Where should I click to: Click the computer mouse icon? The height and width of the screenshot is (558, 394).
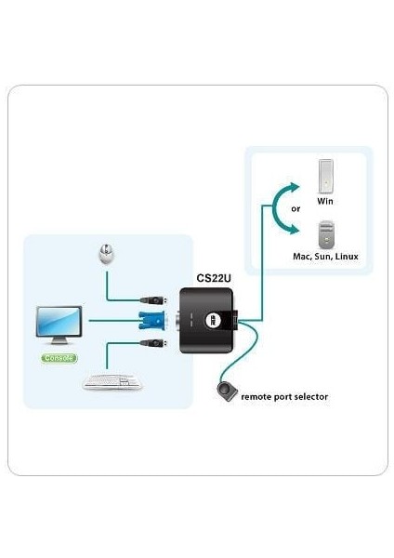click(x=108, y=253)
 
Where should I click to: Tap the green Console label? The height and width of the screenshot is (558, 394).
click(x=59, y=358)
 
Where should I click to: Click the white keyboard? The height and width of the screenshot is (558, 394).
click(x=112, y=381)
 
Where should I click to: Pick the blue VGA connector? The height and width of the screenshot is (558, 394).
click(x=151, y=322)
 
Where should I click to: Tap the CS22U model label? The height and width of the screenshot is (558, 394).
click(x=214, y=277)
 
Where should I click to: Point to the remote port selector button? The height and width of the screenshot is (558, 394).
click(x=225, y=391)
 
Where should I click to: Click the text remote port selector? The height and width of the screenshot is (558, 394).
click(x=284, y=397)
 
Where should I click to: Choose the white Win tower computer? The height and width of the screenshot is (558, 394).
click(x=325, y=176)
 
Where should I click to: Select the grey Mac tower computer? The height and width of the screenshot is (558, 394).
click(x=325, y=232)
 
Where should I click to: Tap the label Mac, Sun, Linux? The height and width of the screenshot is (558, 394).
click(x=325, y=256)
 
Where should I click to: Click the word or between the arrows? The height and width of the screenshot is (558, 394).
click(x=295, y=209)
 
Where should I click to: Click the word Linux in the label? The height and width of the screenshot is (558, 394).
click(x=346, y=256)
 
